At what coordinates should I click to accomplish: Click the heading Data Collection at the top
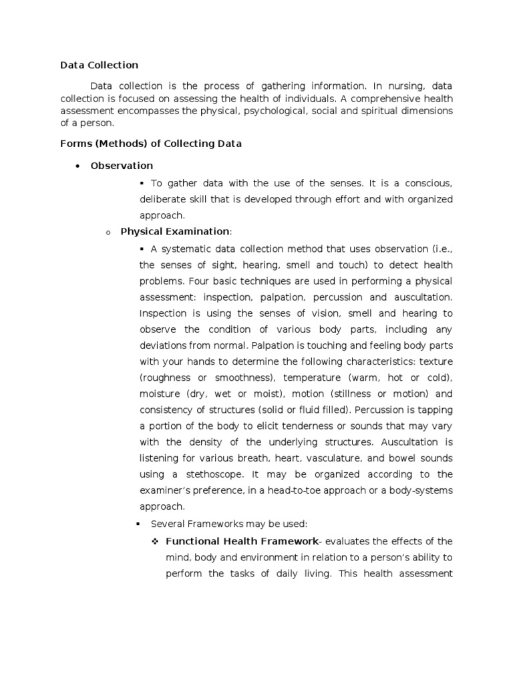click(x=99, y=65)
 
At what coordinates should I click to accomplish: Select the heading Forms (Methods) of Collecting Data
click(x=151, y=144)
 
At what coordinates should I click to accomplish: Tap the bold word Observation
click(x=122, y=165)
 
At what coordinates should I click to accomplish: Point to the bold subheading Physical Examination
click(x=174, y=231)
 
